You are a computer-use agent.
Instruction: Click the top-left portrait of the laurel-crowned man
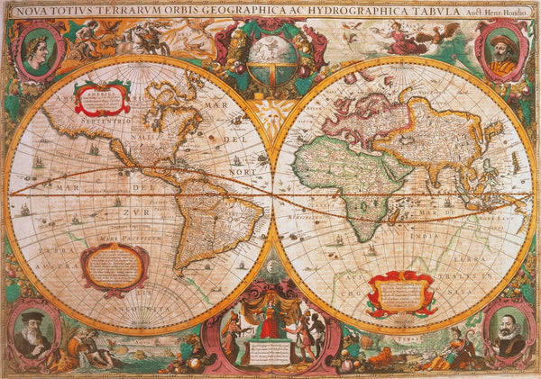pyautogui.click(x=37, y=52)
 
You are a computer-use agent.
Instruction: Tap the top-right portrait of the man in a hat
pyautogui.click(x=503, y=52)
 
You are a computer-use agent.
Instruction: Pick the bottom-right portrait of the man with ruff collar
pyautogui.click(x=508, y=333)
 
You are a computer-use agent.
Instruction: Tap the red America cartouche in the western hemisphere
pyautogui.click(x=101, y=98)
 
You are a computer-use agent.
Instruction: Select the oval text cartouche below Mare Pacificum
pyautogui.click(x=115, y=266)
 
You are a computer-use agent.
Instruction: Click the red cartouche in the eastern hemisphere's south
pyautogui.click(x=400, y=293)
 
